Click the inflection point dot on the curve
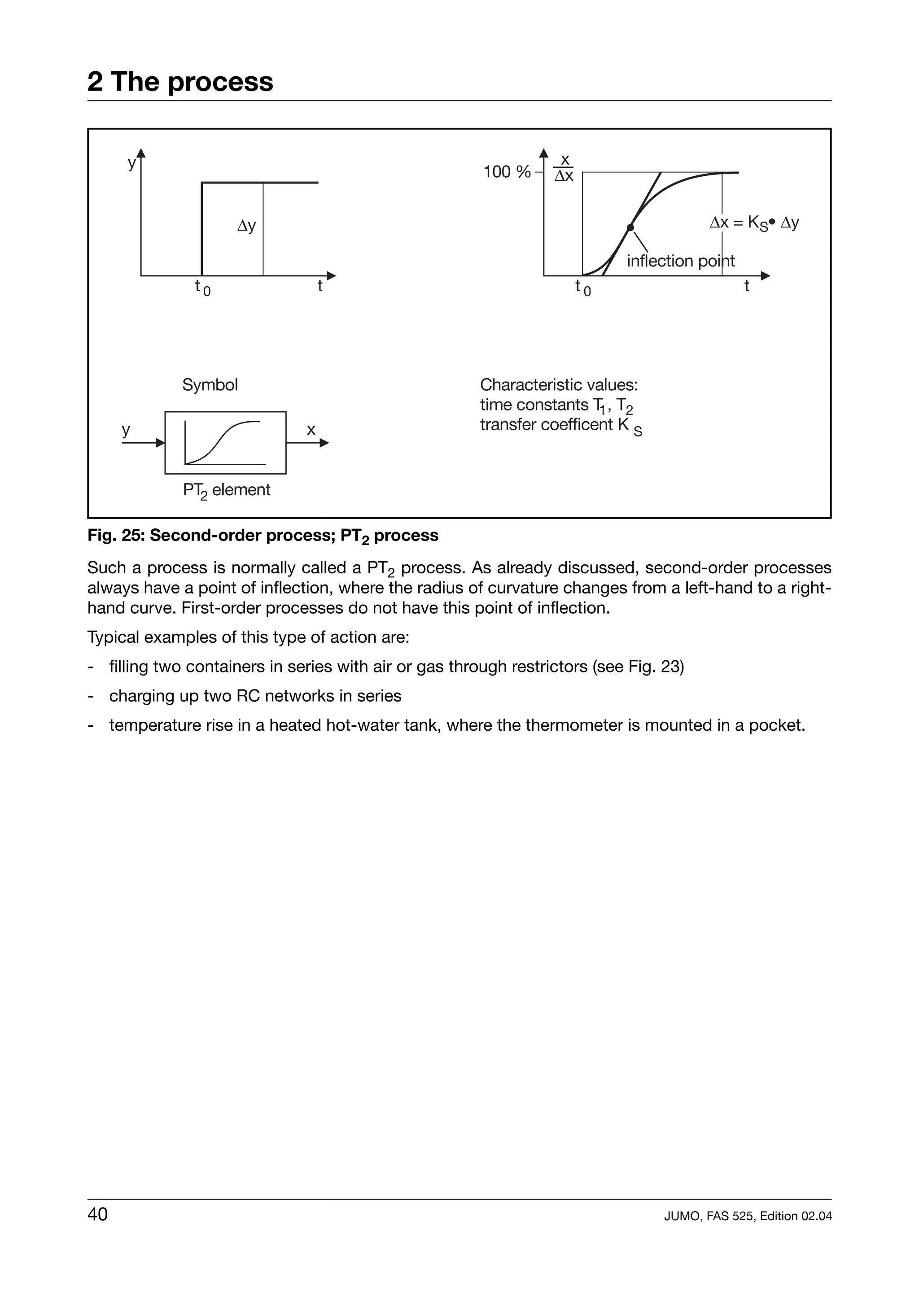point(630,227)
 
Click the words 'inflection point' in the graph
point(680,261)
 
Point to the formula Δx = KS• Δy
point(754,222)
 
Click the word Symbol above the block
point(210,385)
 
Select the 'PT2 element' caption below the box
point(227,490)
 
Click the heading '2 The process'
point(180,82)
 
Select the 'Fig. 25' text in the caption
point(116,536)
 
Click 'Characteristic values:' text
point(558,385)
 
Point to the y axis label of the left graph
point(131,164)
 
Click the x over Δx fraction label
point(564,168)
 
